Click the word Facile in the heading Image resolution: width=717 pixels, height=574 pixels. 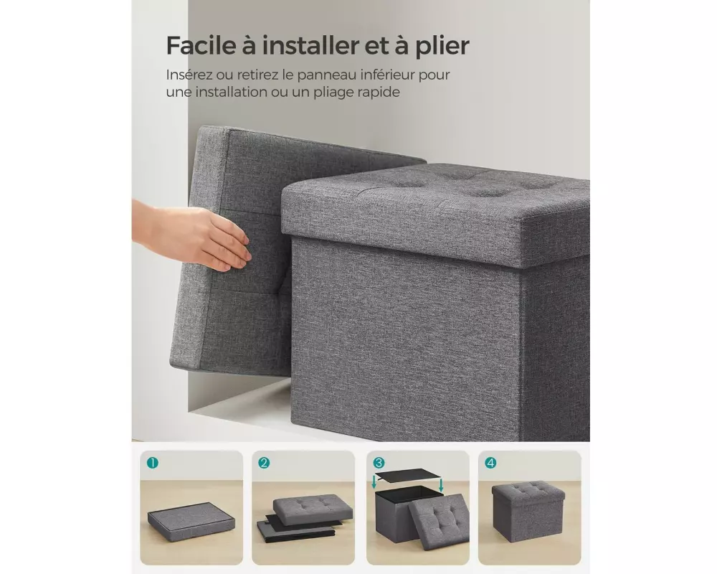[199, 45]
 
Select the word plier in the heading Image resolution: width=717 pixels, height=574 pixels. [442, 47]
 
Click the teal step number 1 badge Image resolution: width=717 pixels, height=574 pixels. [152, 463]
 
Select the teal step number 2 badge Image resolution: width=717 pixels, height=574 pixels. [264, 463]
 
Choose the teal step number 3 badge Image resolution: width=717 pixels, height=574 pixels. [378, 463]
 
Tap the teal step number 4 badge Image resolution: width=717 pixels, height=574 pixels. [490, 463]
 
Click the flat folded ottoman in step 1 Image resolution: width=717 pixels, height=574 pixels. [191, 521]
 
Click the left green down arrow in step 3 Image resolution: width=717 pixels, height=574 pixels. [374, 482]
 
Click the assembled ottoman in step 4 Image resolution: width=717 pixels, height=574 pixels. [528, 509]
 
